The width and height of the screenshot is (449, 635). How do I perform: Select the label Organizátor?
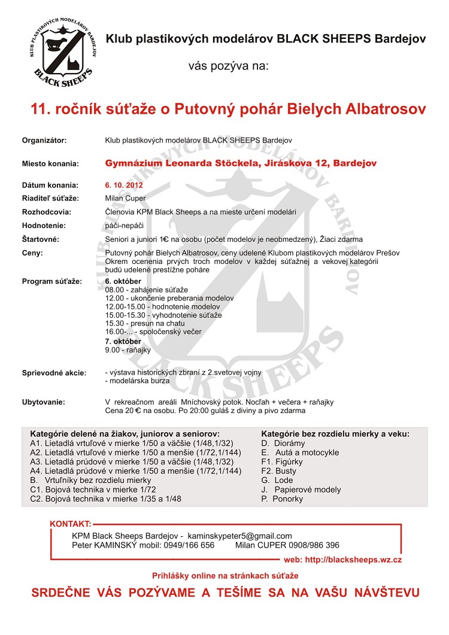(44, 140)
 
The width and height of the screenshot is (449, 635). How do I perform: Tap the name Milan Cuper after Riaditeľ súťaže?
(125, 198)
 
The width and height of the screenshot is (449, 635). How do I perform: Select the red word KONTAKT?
(71, 524)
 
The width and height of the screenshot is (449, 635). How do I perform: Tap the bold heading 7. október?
(123, 341)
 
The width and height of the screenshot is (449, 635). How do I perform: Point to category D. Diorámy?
(283, 443)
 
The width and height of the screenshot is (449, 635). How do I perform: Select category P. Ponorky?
(283, 499)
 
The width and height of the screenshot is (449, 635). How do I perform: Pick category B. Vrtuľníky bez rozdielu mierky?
(90, 480)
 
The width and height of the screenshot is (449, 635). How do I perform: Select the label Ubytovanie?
(44, 402)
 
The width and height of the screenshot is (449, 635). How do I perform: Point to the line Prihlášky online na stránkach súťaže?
(225, 575)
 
